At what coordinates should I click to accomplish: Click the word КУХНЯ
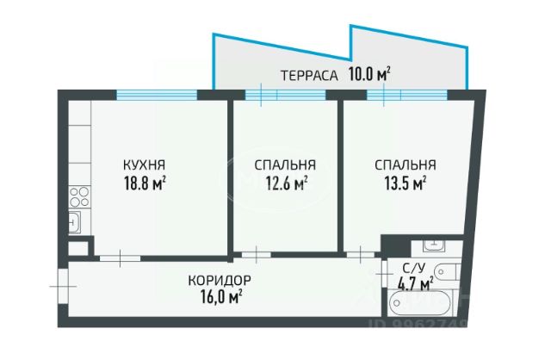(144, 164)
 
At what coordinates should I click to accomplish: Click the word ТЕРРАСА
(307, 75)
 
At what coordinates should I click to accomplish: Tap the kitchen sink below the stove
(75, 221)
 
